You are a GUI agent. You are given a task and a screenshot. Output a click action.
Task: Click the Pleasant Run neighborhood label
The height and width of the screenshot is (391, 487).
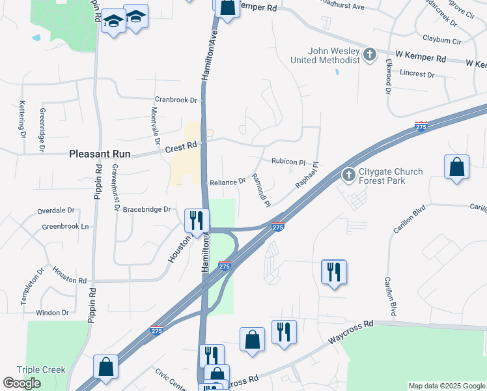pos(100,154)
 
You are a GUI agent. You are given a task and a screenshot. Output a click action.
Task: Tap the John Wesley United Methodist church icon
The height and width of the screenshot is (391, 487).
pos(370,54)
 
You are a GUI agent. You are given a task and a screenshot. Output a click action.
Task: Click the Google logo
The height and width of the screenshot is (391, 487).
pos(21,383)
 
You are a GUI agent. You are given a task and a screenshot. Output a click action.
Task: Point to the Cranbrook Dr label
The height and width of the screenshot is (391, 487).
pos(175,100)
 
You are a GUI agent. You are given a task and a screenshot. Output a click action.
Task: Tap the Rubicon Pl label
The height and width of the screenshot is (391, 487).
pos(288,162)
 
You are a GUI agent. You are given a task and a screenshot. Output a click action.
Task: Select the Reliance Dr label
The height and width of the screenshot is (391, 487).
pos(227,182)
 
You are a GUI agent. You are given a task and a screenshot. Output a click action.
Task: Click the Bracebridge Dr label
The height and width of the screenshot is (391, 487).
pos(146,209)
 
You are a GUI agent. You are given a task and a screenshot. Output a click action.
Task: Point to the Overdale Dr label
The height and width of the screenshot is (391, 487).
pos(56,211)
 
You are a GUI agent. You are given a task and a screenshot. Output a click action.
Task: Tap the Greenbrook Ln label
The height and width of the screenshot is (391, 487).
pos(65,227)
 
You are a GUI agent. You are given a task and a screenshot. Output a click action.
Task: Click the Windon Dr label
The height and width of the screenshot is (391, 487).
pos(52,313)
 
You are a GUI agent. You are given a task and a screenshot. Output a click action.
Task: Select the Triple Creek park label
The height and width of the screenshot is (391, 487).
pos(41,369)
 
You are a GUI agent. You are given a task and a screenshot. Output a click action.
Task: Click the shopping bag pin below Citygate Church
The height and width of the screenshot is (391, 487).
pos(457,167)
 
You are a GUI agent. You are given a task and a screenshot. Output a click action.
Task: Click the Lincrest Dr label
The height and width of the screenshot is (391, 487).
pos(417,74)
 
